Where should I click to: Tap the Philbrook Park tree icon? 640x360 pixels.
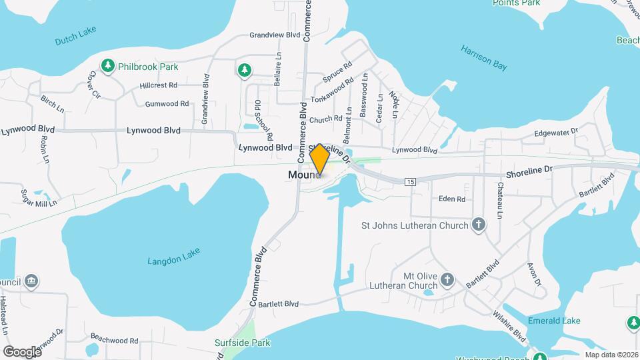point(107,66)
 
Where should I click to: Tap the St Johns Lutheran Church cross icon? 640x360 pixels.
point(477,225)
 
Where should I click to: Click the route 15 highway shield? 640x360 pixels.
point(409,181)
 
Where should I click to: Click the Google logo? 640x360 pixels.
point(22,351)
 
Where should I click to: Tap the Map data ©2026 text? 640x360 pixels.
point(611,355)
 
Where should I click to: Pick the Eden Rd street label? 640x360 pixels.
point(451,199)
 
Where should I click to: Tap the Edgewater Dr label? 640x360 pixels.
point(556,133)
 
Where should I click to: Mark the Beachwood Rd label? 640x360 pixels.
point(114,340)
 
